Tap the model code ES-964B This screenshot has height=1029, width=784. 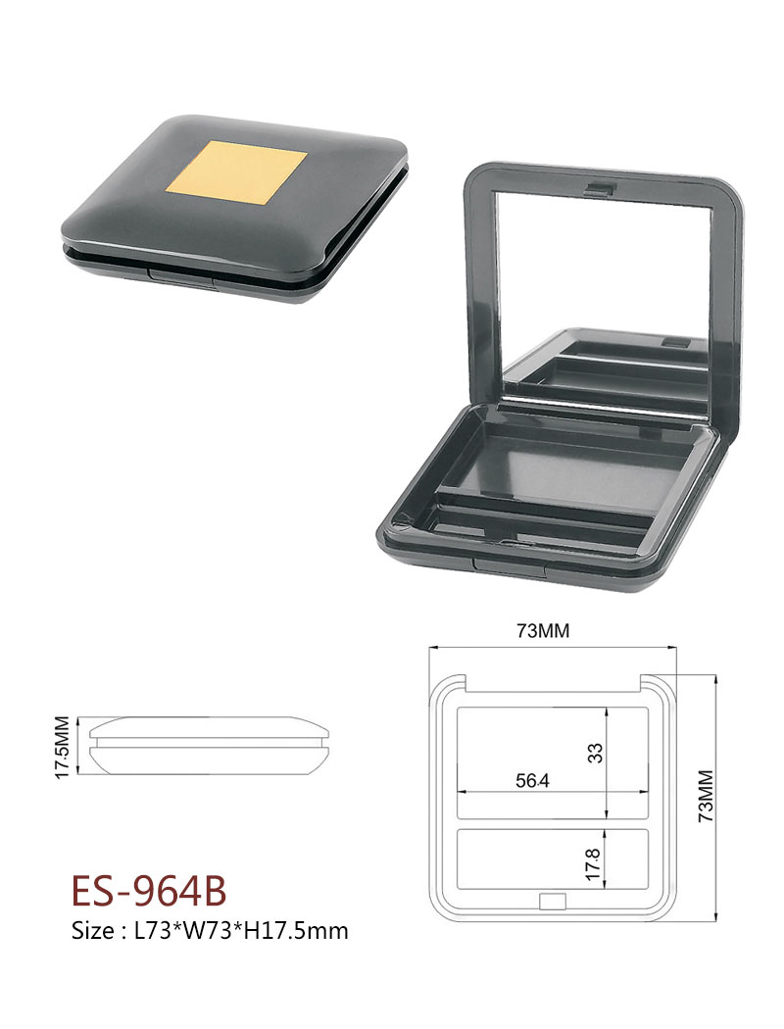click(149, 891)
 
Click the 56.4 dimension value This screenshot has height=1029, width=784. click(532, 781)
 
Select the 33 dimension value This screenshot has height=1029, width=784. click(595, 752)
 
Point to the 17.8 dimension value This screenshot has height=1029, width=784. click(593, 864)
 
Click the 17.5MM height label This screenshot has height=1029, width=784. click(63, 747)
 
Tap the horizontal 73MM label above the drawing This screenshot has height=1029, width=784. click(543, 631)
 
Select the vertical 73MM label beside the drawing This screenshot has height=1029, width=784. click(706, 796)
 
